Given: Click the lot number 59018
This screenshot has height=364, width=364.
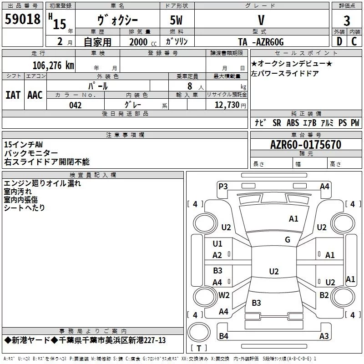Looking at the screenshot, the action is click(x=22, y=19).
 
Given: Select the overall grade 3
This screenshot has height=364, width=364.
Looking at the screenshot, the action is click(x=347, y=20).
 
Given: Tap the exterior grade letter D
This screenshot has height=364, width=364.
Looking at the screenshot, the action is click(x=339, y=41).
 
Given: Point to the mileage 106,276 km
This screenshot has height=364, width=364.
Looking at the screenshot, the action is click(x=53, y=66).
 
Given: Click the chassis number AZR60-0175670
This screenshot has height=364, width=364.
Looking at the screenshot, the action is click(x=306, y=145).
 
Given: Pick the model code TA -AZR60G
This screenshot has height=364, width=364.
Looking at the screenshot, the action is click(x=261, y=42).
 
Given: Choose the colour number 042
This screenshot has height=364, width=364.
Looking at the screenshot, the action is click(x=76, y=105).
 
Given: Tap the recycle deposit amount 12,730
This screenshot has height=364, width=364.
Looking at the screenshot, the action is click(x=227, y=105).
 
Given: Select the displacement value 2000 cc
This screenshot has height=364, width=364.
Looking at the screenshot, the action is click(x=143, y=42).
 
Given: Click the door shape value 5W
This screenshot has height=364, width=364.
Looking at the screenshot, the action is click(x=176, y=20).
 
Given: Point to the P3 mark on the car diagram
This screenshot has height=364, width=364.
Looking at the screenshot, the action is click(x=223, y=187).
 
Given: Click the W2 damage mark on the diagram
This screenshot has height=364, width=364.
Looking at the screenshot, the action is click(x=224, y=295).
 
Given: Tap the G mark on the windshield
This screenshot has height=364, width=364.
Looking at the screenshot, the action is click(x=288, y=239).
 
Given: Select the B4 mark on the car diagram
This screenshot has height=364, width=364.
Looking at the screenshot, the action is click(x=223, y=336).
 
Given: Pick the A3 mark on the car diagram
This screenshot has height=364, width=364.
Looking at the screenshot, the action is click(x=324, y=336).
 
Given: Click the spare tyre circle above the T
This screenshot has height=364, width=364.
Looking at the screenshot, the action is click(x=199, y=332).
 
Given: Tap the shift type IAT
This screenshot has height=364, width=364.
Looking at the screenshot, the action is click(x=13, y=95).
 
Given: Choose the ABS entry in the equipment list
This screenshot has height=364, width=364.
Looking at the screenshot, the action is click(x=293, y=123).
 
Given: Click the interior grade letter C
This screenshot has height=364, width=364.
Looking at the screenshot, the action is click(x=354, y=41).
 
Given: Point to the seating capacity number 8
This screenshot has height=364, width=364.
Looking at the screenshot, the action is click(x=190, y=86).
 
